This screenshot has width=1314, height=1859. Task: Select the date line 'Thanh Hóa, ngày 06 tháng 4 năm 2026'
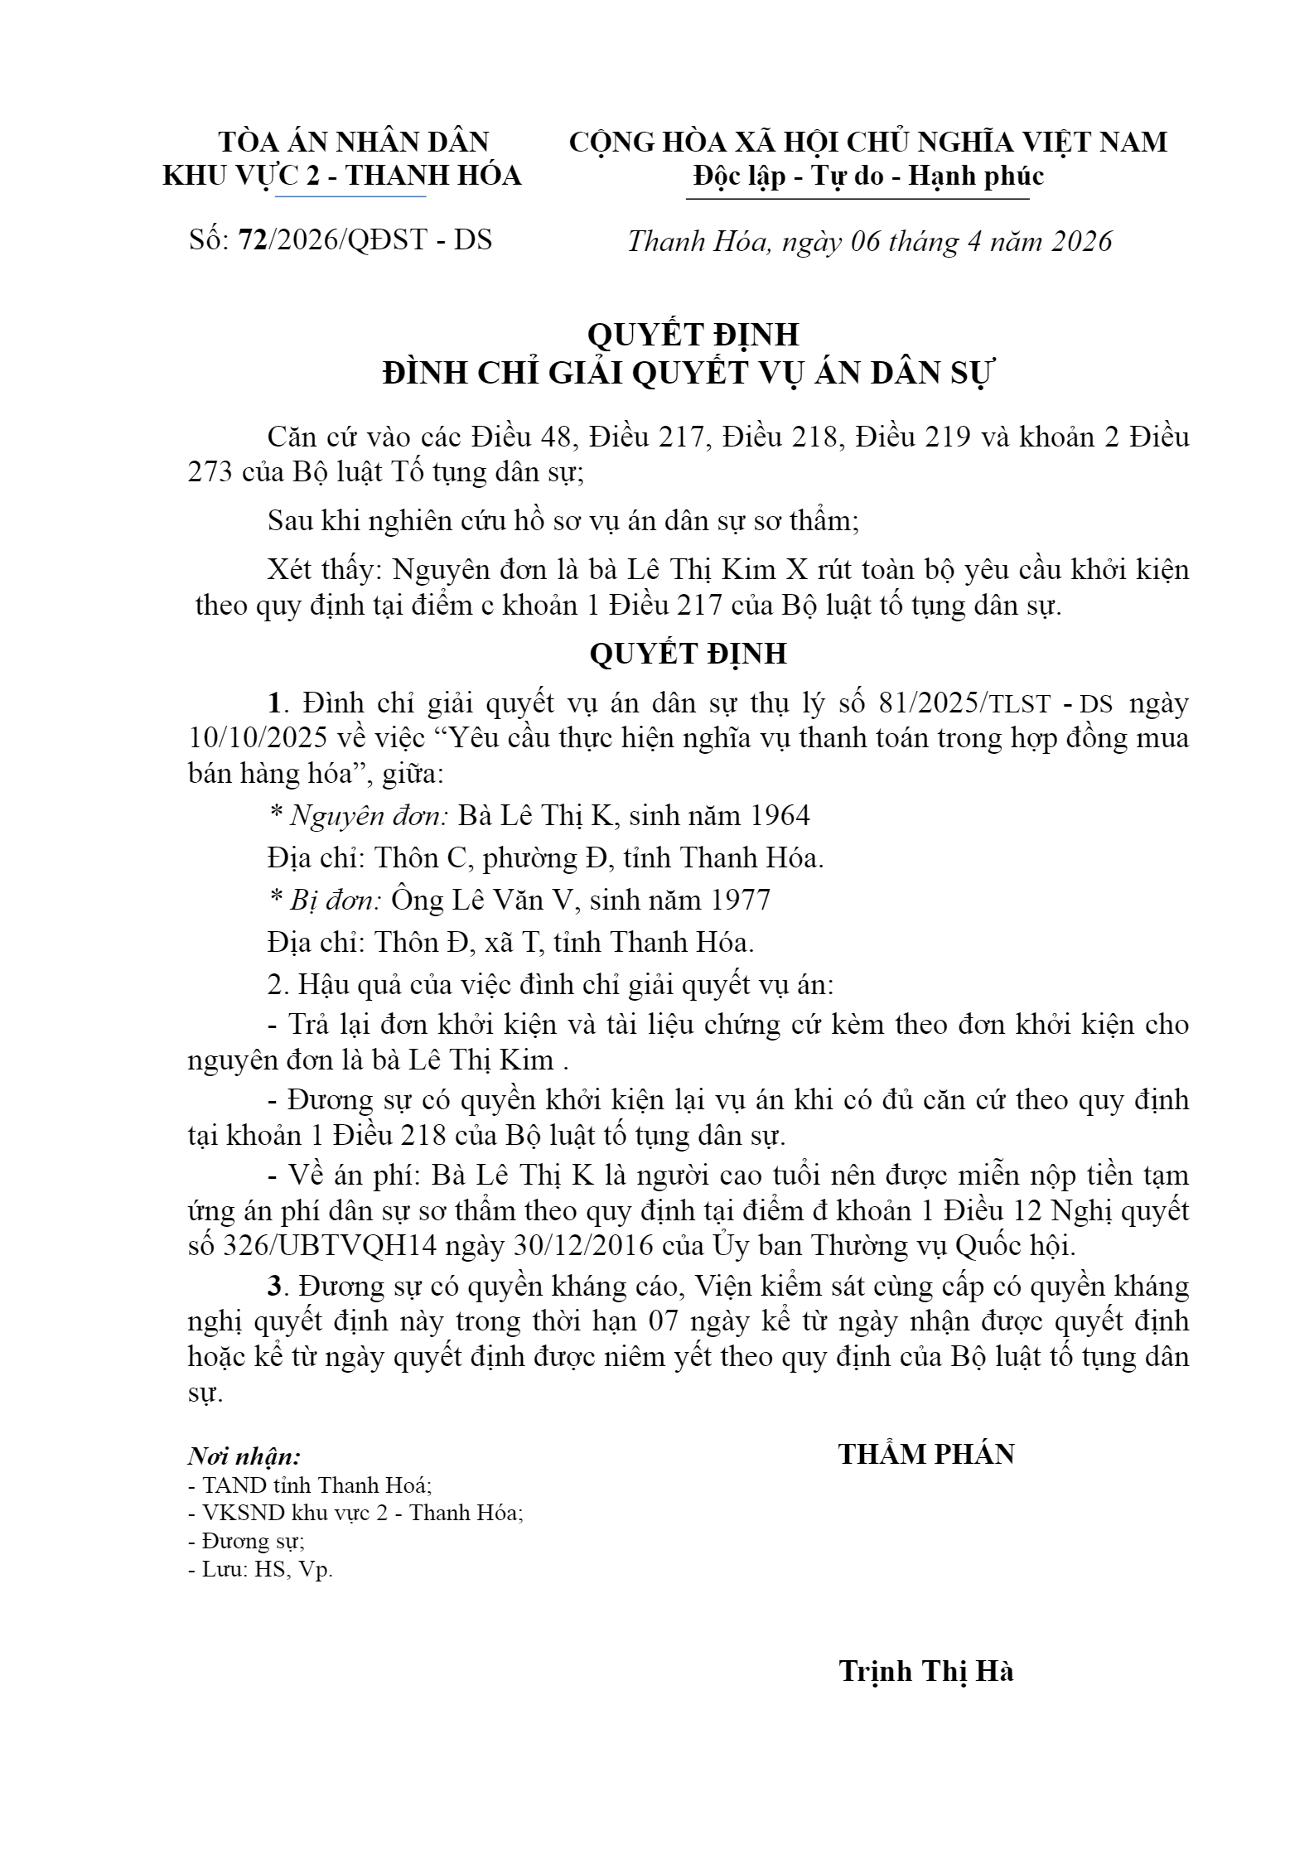[x=869, y=241]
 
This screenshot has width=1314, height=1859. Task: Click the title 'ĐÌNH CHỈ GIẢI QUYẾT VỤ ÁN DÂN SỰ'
[x=687, y=374]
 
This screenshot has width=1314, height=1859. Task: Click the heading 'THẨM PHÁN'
[x=926, y=1454]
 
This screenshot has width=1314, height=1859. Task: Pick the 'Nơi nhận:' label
[x=244, y=1456]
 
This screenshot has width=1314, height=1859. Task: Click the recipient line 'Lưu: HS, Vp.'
[x=260, y=1569]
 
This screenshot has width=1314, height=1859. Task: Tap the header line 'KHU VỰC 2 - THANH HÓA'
[x=342, y=176]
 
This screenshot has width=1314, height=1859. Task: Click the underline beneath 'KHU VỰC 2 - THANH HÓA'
[x=350, y=196]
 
